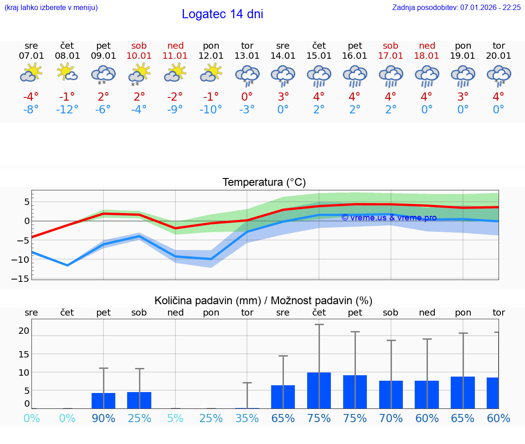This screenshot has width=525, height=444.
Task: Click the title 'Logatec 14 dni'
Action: [222, 14]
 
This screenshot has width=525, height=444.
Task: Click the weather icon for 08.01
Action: [67, 73]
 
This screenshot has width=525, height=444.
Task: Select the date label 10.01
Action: [139, 56]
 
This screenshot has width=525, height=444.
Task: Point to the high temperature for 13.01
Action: [247, 97]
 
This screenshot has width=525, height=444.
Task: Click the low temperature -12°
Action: [67, 110]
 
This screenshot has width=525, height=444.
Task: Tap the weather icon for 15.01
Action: [319, 76]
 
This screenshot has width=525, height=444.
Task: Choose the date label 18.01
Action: [427, 56]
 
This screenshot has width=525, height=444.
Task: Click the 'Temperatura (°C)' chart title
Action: [264, 183]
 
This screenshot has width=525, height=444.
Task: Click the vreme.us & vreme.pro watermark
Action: [389, 218]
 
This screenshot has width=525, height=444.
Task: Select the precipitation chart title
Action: [263, 301]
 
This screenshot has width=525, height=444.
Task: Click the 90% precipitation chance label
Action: [103, 418]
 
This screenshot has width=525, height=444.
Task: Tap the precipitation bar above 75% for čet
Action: [319, 391]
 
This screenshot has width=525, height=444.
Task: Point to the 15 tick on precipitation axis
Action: [24, 354]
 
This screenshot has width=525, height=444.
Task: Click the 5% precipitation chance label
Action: [175, 418]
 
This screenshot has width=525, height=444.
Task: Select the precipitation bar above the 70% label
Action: [391, 394]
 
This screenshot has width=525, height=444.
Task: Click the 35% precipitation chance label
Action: [247, 418]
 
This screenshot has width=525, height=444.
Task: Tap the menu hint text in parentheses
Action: [51, 8]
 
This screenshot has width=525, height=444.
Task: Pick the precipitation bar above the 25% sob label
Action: [139, 400]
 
